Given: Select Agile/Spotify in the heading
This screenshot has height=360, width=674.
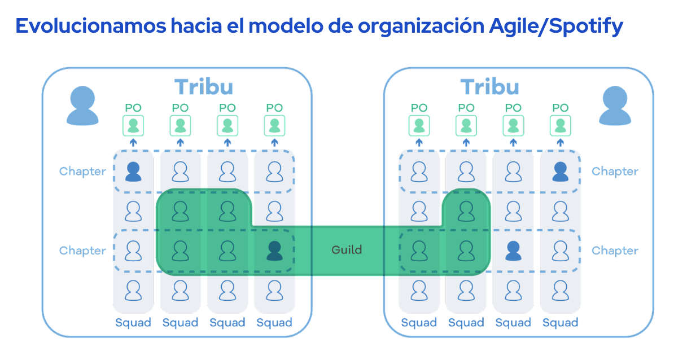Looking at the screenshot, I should [555, 26].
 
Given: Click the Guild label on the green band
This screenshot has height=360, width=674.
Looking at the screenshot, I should [347, 250].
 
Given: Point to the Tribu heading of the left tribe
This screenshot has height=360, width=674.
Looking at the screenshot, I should [203, 87].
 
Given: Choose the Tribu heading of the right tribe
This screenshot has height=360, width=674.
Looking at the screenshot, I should [489, 87].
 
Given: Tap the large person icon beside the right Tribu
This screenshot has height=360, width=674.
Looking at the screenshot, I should [615, 106].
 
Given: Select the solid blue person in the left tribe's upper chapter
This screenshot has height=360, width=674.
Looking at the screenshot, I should [133, 171].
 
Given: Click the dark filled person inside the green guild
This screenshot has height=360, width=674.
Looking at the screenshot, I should [274, 251].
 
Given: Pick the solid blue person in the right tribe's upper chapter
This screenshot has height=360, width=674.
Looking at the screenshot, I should [561, 171].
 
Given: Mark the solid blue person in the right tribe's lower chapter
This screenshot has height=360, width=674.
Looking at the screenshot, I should [513, 251].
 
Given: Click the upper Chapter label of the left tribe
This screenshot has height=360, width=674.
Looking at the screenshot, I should [82, 172].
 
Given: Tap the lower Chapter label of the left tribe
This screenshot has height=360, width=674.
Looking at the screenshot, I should [82, 251].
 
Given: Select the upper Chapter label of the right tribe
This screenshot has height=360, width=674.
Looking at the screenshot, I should [615, 172].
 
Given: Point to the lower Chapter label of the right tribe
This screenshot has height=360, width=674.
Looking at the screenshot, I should [615, 251].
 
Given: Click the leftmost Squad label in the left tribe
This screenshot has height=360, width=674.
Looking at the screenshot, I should [133, 323].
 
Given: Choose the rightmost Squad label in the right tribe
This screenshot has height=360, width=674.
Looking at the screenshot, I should [561, 323].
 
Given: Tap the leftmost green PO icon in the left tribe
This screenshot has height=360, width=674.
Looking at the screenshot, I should [133, 125].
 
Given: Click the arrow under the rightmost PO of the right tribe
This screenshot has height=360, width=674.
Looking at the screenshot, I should [561, 143].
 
